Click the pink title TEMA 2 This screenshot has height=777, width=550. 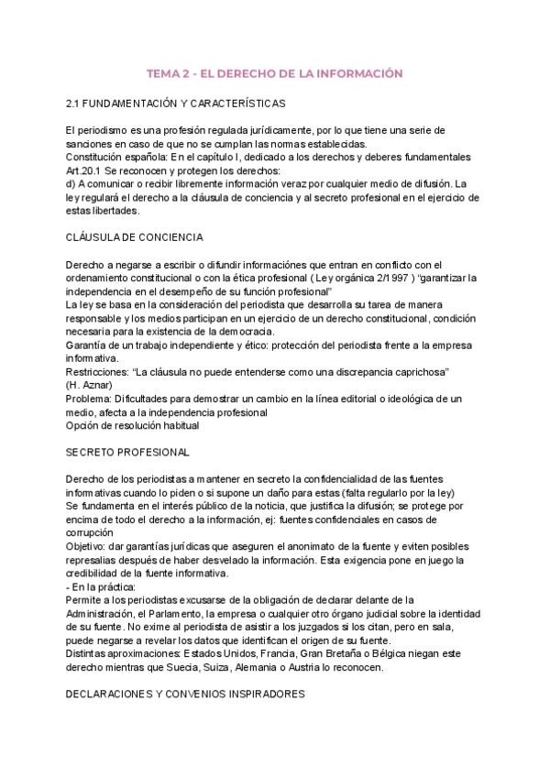[275, 72]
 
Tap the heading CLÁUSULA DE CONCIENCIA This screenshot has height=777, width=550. [135, 237]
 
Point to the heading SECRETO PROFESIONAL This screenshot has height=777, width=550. [128, 453]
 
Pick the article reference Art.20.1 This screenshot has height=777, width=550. [89, 170]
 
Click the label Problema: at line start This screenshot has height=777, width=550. [90, 399]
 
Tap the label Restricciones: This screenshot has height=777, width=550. [100, 372]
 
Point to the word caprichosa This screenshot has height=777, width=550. [412, 372]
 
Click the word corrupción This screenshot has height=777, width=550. [90, 532]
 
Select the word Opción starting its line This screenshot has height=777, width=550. [84, 425]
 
